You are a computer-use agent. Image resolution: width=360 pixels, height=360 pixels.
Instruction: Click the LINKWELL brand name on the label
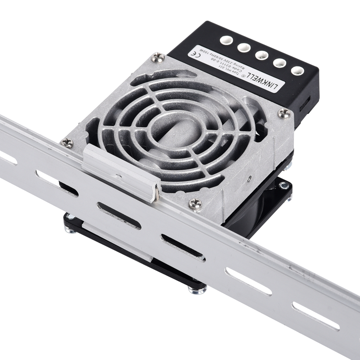265,78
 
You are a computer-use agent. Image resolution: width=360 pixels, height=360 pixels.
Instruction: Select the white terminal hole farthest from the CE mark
297,70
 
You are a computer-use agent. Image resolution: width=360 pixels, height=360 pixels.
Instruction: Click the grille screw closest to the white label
158,57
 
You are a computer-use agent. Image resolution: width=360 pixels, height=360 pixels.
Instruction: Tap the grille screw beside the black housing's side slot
284,113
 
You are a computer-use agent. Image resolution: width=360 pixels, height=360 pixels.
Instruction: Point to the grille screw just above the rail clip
67,143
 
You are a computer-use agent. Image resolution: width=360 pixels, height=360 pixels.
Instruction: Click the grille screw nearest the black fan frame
195,204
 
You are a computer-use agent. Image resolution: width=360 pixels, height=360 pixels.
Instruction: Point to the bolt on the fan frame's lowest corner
197,290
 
